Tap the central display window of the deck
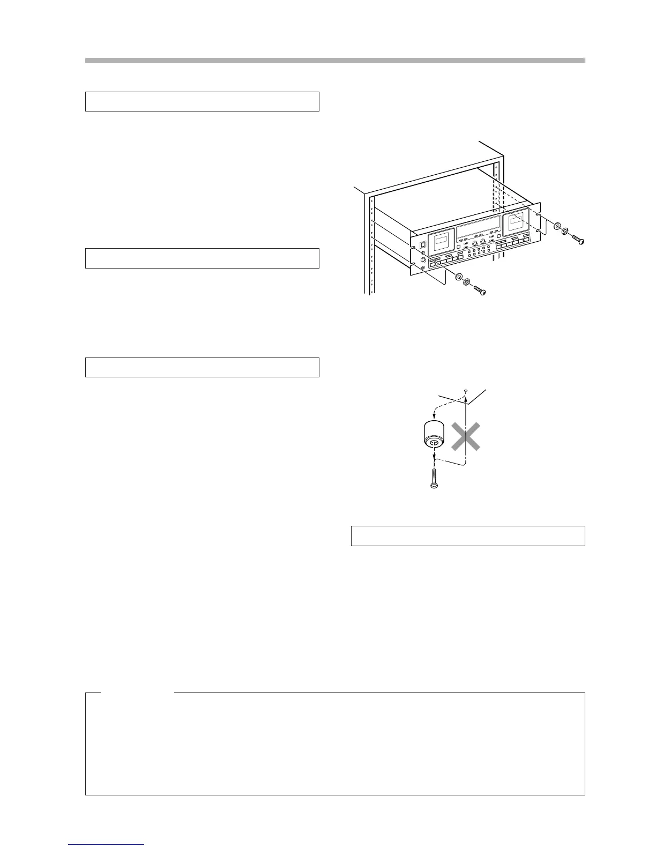pos(478,230)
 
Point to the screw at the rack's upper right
pos(578,241)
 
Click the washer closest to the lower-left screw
pos(467,281)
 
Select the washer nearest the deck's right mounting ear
pos(557,227)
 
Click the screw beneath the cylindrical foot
pos(434,479)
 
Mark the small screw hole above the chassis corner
pos(467,391)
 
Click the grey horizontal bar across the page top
pos(335,61)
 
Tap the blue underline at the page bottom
pos(106,845)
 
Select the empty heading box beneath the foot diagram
pos(467,536)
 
